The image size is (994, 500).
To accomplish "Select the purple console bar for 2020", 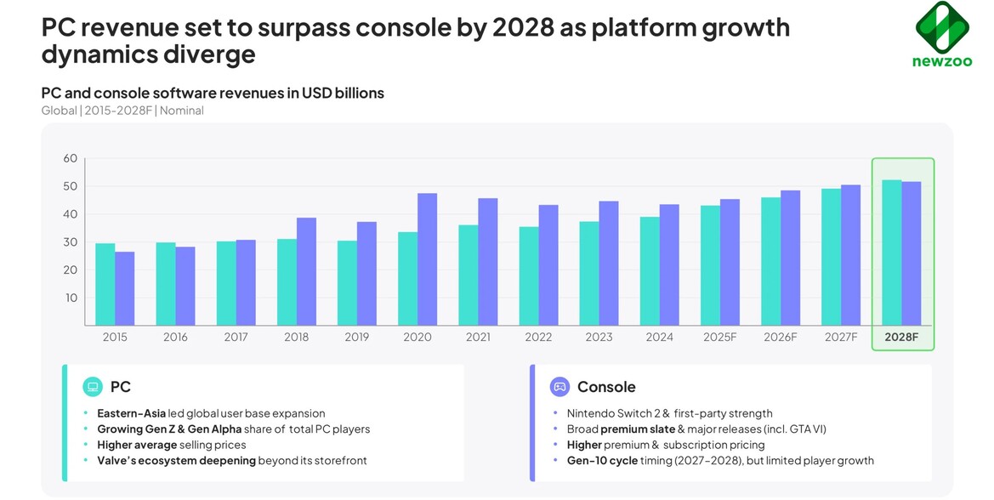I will pyautogui.click(x=427, y=259).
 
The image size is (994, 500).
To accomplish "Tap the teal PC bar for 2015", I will pyautogui.click(x=105, y=284).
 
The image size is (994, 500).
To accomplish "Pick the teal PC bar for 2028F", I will pyautogui.click(x=892, y=253).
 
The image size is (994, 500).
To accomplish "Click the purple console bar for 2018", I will pyautogui.click(x=306, y=271).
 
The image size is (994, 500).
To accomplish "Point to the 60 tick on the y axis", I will pyautogui.click(x=70, y=158).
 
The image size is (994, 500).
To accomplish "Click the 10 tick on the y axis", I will pyautogui.click(x=70, y=298).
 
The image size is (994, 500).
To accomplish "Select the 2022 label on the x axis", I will pyautogui.click(x=538, y=337).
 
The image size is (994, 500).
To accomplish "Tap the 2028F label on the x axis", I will pyautogui.click(x=901, y=337).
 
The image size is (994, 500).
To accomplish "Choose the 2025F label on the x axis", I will pyautogui.click(x=719, y=337).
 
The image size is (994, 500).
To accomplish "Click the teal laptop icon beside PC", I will pyautogui.click(x=93, y=387).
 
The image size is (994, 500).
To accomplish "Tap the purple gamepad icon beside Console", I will pyautogui.click(x=559, y=387).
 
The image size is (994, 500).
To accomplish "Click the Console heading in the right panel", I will pyautogui.click(x=605, y=387).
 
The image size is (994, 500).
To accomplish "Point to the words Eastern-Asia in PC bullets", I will pyautogui.click(x=131, y=413).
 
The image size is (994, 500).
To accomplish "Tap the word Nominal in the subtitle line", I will pyautogui.click(x=182, y=111).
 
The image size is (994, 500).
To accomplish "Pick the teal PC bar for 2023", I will pyautogui.click(x=588, y=273).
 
